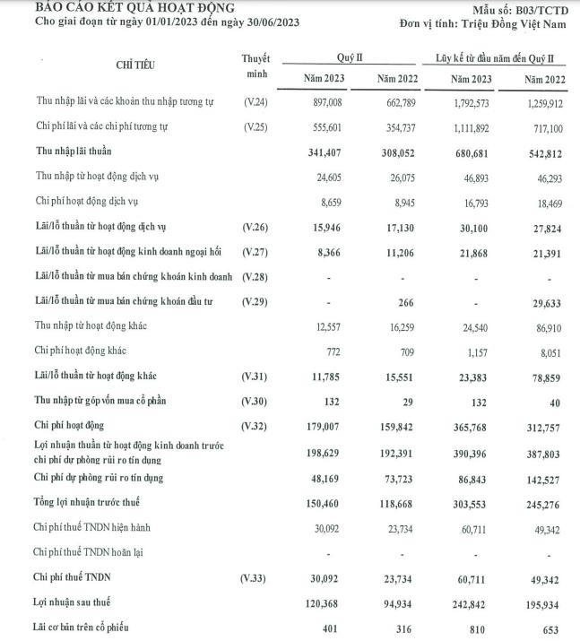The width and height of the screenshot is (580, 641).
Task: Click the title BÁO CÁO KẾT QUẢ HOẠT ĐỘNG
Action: (x=122, y=8)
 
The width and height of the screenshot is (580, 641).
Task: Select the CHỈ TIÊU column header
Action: (x=134, y=65)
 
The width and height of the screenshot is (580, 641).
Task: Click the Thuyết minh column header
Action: (x=255, y=65)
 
